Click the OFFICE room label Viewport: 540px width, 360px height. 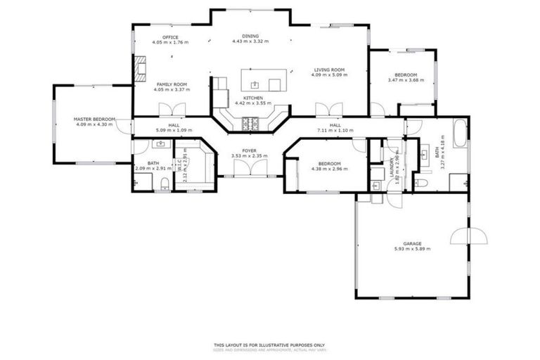170,37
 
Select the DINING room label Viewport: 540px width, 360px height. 250,36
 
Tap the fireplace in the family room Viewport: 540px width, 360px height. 140,67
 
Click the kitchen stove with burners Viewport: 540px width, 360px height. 251,124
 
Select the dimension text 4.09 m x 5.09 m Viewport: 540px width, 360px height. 328,75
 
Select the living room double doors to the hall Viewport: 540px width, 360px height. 329,110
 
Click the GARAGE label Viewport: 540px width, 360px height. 413,244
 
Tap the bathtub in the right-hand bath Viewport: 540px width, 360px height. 460,133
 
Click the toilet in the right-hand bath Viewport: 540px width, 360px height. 421,184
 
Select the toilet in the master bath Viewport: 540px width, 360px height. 165,184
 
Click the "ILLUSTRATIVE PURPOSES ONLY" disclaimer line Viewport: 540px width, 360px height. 269,345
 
